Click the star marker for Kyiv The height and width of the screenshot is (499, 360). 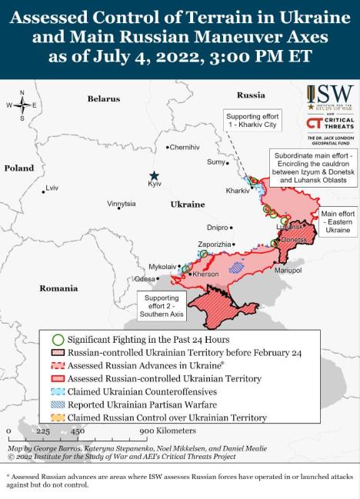(x=155, y=175)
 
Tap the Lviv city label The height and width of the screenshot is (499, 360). (x=52, y=188)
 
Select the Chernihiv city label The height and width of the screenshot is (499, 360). (x=185, y=147)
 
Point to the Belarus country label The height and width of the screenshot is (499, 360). (x=103, y=98)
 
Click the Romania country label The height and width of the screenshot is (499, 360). (x=59, y=288)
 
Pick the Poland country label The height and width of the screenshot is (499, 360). (x=19, y=168)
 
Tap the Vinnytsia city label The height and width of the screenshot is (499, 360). (x=122, y=204)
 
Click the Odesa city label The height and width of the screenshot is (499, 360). (x=144, y=278)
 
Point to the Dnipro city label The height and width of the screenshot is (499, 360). (x=218, y=228)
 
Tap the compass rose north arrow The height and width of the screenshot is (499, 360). (x=22, y=95)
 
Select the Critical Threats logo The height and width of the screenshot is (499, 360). (x=328, y=125)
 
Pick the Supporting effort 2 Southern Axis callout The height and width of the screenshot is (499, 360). (x=161, y=306)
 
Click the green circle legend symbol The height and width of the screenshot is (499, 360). (x=57, y=339)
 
